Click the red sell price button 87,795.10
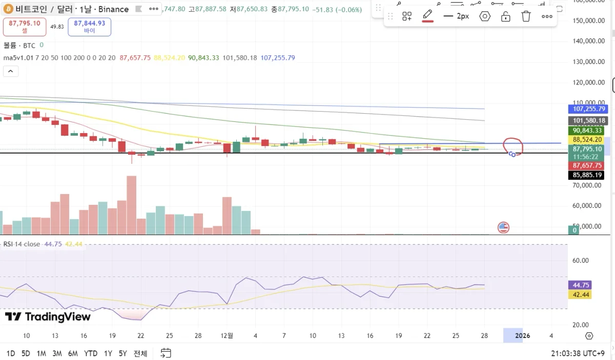coord(25,27)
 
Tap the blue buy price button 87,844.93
coord(89,27)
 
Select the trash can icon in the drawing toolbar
coord(526,16)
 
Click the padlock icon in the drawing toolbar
coord(505,16)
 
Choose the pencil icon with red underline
coord(427,16)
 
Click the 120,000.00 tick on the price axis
coord(587,82)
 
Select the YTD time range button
coord(91,353)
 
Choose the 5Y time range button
coord(122,353)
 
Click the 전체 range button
coord(140,353)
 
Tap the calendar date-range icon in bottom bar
coord(166,353)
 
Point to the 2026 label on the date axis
coord(522,336)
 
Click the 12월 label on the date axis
coord(226,336)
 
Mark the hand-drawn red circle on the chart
coord(514,146)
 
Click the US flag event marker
coord(503,227)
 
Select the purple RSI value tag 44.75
coord(582,285)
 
